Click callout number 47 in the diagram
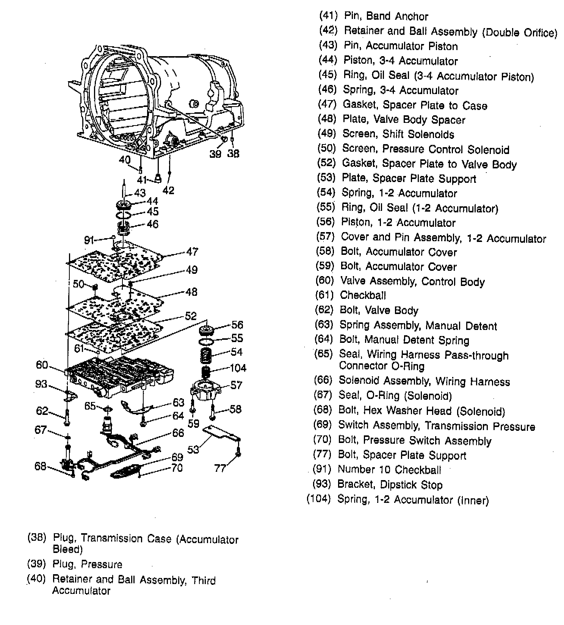pyautogui.click(x=192, y=251)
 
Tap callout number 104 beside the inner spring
pyautogui.click(x=238, y=368)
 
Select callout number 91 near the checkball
pyautogui.click(x=89, y=240)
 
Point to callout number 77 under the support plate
pyautogui.click(x=220, y=468)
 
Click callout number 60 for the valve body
pyautogui.click(x=42, y=365)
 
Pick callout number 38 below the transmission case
pyautogui.click(x=233, y=154)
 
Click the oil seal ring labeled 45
pyautogui.click(x=123, y=215)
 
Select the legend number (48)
pyautogui.click(x=327, y=119)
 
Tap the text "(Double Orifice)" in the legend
pyautogui.click(x=520, y=33)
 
